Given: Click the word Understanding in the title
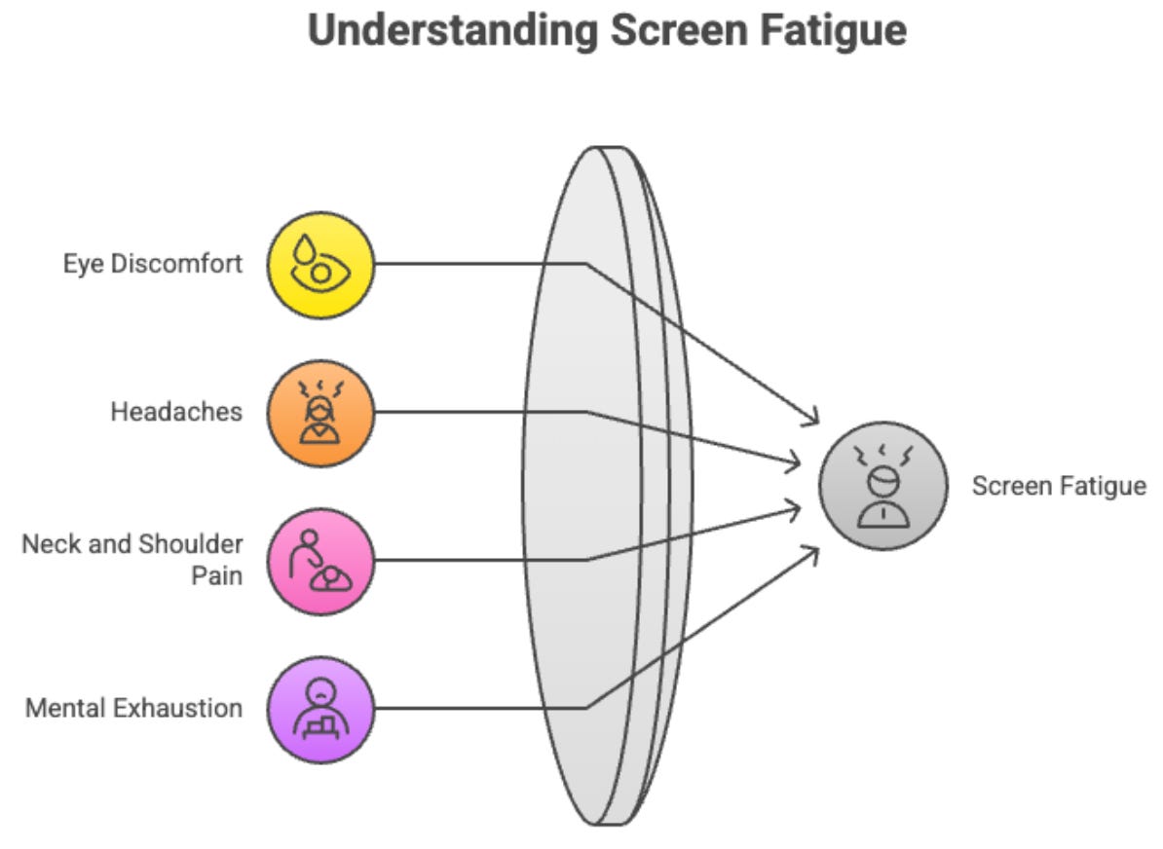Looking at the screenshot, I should tap(451, 30).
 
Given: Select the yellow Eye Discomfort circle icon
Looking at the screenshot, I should tap(320, 264).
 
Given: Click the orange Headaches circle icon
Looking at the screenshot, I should tap(320, 412).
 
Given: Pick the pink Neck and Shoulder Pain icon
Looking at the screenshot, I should tap(320, 560).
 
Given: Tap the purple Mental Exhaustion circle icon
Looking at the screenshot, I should tap(320, 708).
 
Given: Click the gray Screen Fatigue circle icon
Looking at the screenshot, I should tap(882, 485).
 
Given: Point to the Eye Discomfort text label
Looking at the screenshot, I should tap(153, 263).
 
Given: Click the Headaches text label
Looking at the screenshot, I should tap(176, 411).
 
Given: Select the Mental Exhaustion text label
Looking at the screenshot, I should tap(134, 707).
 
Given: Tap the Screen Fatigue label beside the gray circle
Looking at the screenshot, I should tap(1059, 485).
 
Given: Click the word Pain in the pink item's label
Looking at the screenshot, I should tap(217, 575).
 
